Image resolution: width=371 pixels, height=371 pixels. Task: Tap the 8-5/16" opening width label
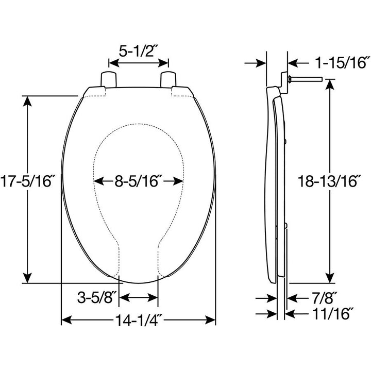[x=139, y=181]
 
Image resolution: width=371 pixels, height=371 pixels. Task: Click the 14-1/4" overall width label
[x=138, y=321]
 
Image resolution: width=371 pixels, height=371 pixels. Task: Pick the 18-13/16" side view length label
[x=329, y=181]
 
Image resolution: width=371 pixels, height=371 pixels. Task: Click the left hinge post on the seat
[x=108, y=79]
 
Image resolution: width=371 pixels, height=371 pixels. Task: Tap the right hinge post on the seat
[x=169, y=79]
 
